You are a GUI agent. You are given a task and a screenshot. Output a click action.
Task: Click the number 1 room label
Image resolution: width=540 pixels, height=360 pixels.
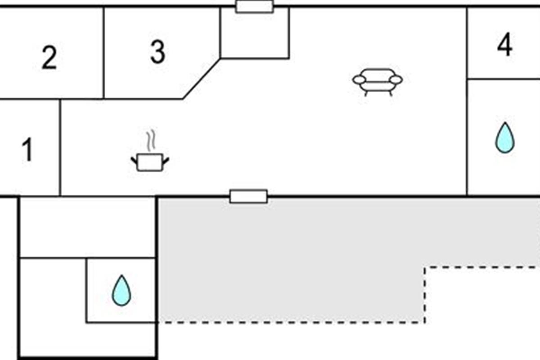pyautogui.click(x=28, y=149)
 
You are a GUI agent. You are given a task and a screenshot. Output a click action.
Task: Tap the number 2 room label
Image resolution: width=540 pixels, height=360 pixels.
pyautogui.click(x=49, y=58)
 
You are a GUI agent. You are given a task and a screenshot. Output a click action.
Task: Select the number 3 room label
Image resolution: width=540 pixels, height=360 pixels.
pyautogui.click(x=158, y=52)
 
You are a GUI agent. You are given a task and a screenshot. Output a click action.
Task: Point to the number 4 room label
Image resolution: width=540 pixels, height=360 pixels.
pyautogui.click(x=505, y=45)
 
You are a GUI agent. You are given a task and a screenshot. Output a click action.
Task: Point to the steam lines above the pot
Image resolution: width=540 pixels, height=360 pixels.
pyautogui.click(x=151, y=140)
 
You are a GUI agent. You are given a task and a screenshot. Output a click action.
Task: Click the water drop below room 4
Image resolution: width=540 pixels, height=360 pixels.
pyautogui.click(x=505, y=138)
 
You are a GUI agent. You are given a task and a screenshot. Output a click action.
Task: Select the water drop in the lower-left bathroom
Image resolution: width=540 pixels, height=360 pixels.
pyautogui.click(x=121, y=291)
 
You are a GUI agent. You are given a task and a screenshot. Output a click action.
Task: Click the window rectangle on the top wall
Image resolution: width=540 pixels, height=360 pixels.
pyautogui.click(x=255, y=6)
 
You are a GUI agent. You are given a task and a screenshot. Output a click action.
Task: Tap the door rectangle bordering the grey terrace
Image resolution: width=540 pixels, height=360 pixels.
pyautogui.click(x=248, y=197)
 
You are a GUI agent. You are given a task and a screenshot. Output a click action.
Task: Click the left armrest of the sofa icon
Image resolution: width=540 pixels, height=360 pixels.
pyautogui.click(x=359, y=80)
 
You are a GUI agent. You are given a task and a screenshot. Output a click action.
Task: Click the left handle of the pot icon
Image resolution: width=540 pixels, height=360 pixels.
pyautogui.click(x=134, y=160)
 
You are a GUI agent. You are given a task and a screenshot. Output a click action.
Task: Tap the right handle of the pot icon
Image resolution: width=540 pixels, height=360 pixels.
pyautogui.click(x=166, y=160)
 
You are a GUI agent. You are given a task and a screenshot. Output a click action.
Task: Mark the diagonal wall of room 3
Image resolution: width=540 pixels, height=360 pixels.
pyautogui.click(x=202, y=78)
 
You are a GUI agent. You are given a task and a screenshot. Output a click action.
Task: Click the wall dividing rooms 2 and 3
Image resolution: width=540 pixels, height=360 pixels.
pyautogui.click(x=103, y=53)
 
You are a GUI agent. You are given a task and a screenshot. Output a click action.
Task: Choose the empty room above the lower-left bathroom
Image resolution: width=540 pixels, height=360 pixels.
pyautogui.click(x=87, y=227)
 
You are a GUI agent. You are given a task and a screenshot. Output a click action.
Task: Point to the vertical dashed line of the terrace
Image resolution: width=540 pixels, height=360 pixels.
pyautogui.click(x=425, y=295)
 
